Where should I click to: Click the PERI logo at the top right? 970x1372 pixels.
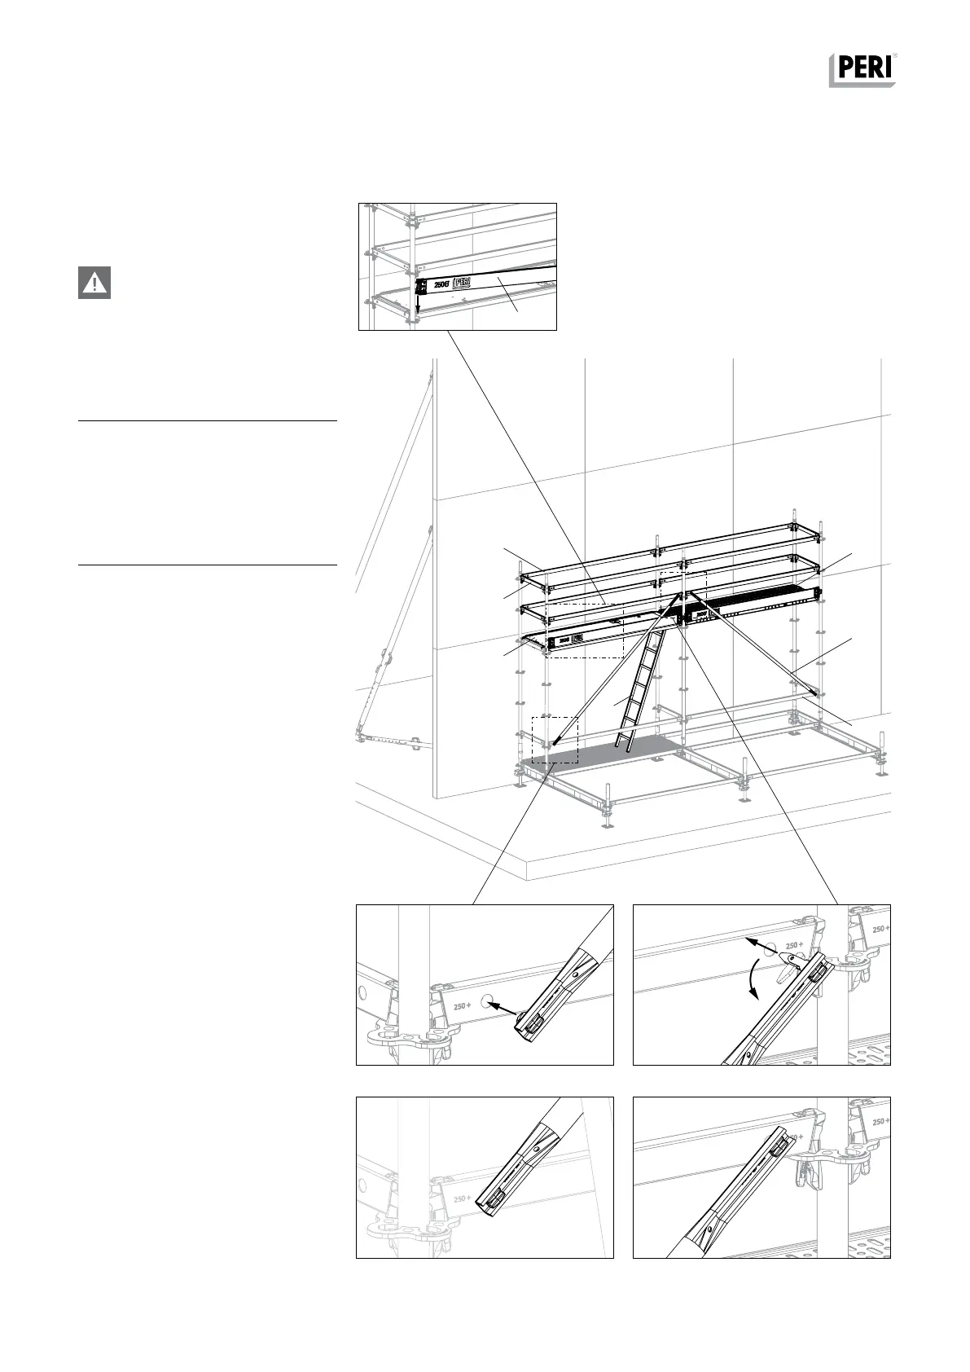click(x=862, y=70)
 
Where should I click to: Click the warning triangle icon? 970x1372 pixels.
click(x=94, y=283)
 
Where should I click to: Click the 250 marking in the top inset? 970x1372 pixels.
click(x=439, y=284)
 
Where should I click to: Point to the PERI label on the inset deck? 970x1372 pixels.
click(x=461, y=282)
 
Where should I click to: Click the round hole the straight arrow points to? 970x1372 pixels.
click(x=486, y=1001)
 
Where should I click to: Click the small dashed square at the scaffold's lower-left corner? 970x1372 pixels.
click(x=555, y=740)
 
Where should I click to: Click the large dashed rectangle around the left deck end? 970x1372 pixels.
click(x=584, y=631)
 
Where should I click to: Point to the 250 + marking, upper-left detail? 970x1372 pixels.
click(x=461, y=1005)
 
